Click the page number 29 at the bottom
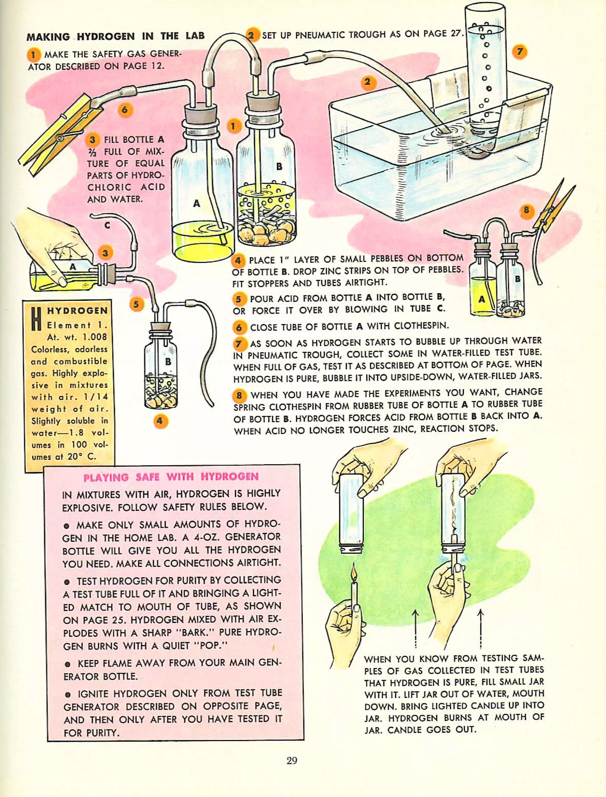tap(291, 761)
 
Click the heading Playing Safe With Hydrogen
tap(171, 477)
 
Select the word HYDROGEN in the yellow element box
tap(78, 311)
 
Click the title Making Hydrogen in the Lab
tap(115, 36)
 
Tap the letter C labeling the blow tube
tap(107, 226)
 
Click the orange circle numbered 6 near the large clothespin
tap(125, 109)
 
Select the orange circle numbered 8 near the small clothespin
tap(526, 210)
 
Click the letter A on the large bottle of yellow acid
tap(196, 203)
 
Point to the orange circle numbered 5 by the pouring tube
tap(136, 304)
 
